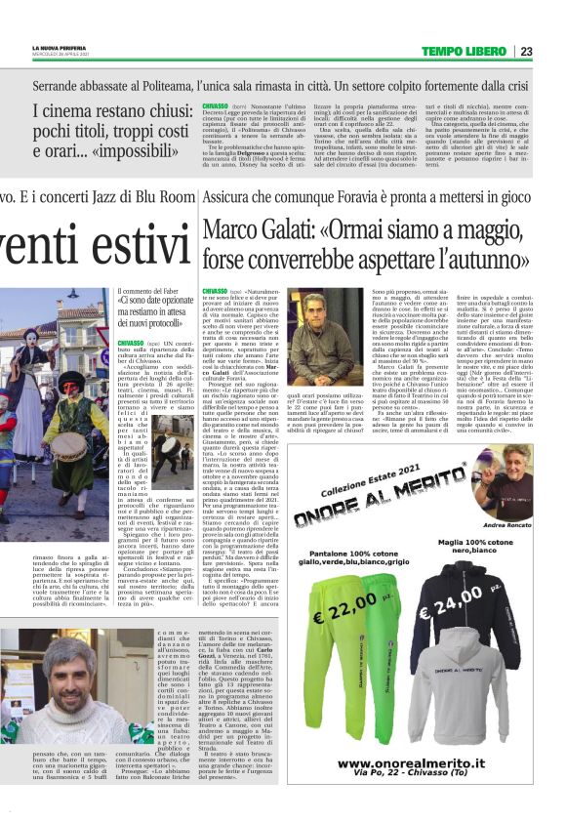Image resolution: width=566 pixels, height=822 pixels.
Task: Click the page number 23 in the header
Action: pyautogui.click(x=553, y=51)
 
